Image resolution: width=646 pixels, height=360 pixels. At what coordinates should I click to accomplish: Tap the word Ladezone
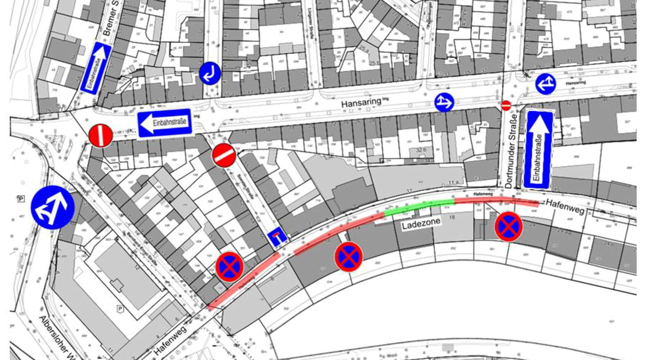tap(421, 226)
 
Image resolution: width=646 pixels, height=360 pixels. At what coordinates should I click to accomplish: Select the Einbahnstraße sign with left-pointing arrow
tap(164, 123)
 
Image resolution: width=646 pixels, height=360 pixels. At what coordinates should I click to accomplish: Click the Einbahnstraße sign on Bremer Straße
tap(96, 68)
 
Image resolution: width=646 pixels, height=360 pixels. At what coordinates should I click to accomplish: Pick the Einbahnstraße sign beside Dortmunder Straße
tap(538, 150)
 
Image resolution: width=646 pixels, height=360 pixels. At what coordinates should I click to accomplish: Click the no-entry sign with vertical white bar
tap(100, 136)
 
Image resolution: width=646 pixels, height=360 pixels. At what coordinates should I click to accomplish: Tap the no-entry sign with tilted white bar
tap(224, 155)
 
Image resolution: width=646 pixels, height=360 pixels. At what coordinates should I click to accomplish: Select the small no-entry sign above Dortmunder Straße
tap(506, 105)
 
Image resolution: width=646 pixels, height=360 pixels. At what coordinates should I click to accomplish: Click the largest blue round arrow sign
tap(53, 207)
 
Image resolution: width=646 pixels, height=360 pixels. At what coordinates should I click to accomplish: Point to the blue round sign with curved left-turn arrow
tap(210, 73)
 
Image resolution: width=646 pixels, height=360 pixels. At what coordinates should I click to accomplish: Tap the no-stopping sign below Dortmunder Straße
tap(509, 226)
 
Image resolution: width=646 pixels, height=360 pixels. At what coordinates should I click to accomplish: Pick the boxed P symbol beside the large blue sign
tap(21, 199)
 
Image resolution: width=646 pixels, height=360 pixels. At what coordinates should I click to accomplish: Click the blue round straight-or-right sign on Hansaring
tap(444, 102)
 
